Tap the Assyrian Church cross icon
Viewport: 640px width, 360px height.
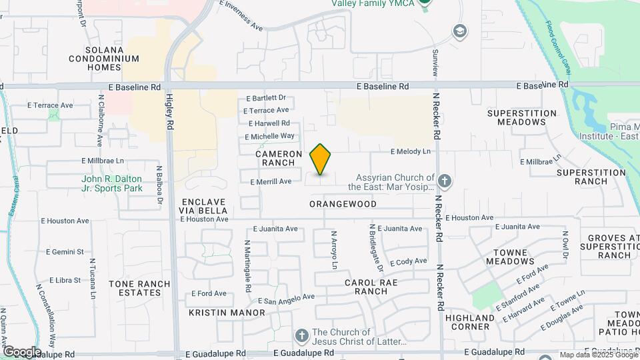(445, 181)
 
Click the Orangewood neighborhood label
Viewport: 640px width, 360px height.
(343, 204)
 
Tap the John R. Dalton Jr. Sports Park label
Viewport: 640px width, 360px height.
(112, 183)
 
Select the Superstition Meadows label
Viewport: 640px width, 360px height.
(521, 118)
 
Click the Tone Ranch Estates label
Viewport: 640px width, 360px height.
(139, 288)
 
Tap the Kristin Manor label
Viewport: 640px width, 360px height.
(218, 312)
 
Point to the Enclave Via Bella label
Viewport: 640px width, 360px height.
(203, 206)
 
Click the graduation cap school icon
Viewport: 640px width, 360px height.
(459, 31)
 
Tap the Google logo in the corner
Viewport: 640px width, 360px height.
(22, 351)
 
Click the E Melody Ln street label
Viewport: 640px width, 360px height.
(410, 152)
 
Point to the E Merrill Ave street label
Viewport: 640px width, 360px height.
(271, 181)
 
